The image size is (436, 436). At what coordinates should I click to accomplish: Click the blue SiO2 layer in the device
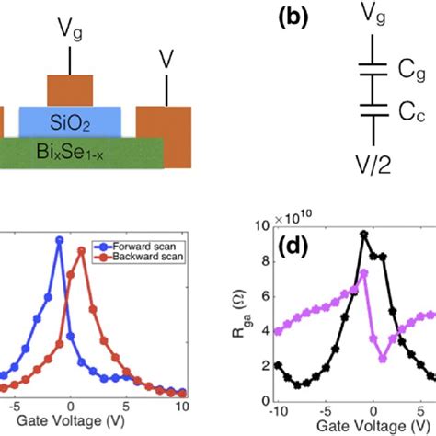[x=82, y=121]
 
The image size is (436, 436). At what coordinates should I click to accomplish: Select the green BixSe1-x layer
[x=83, y=153]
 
